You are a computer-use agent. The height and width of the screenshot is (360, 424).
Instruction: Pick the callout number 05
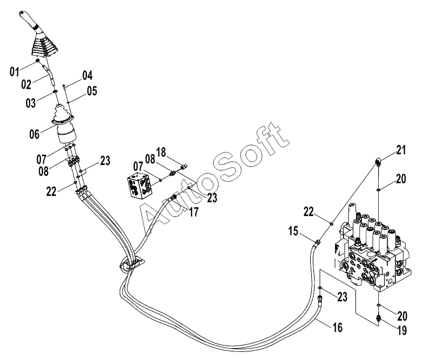[91, 92]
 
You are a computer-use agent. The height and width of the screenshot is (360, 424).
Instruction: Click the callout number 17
[193, 212]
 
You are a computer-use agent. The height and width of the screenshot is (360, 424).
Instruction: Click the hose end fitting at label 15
[319, 243]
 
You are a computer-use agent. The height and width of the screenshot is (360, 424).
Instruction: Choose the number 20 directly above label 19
[402, 315]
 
